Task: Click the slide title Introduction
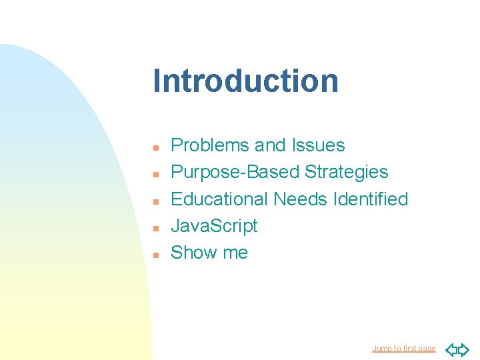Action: coord(245,81)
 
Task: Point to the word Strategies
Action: coord(346,172)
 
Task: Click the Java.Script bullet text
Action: coord(214,226)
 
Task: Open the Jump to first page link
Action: coord(404,349)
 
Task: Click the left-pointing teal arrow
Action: coord(451,349)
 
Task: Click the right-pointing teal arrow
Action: coord(464,349)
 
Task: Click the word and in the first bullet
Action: coord(269,145)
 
